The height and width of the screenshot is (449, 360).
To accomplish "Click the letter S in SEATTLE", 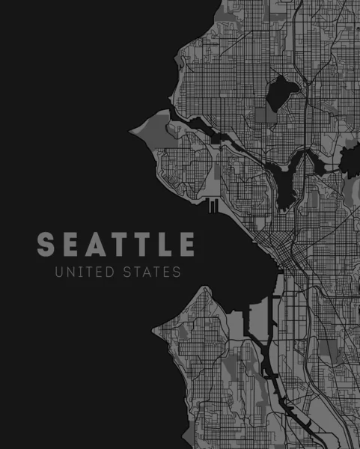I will coord(46,245).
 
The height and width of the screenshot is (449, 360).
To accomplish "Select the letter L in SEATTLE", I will coord(164,245).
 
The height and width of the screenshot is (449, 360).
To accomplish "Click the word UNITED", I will coord(82,272).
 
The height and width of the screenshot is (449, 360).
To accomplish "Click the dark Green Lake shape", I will coord(281,91).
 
